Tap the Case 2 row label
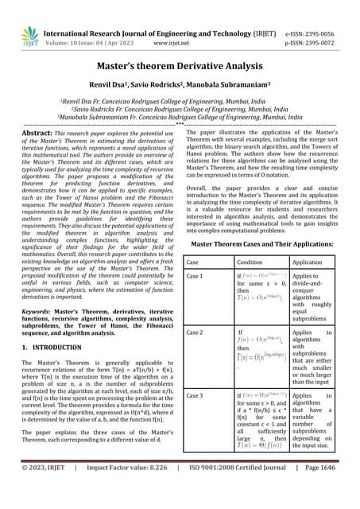[195, 331]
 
